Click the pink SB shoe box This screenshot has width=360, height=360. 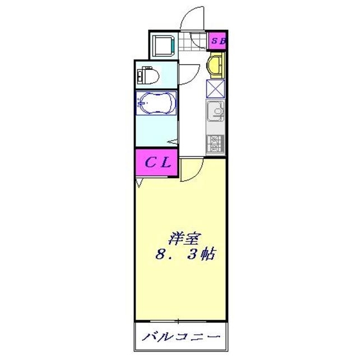click(x=218, y=40)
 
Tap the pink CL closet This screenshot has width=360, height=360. click(x=156, y=163)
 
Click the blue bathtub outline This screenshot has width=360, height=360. click(x=156, y=103)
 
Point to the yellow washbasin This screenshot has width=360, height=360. click(x=217, y=65)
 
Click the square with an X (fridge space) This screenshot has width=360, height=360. click(x=216, y=89)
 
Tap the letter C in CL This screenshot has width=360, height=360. click(x=150, y=163)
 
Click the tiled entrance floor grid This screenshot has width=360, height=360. click(x=199, y=40)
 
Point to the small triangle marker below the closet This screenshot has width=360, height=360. click(x=139, y=183)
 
